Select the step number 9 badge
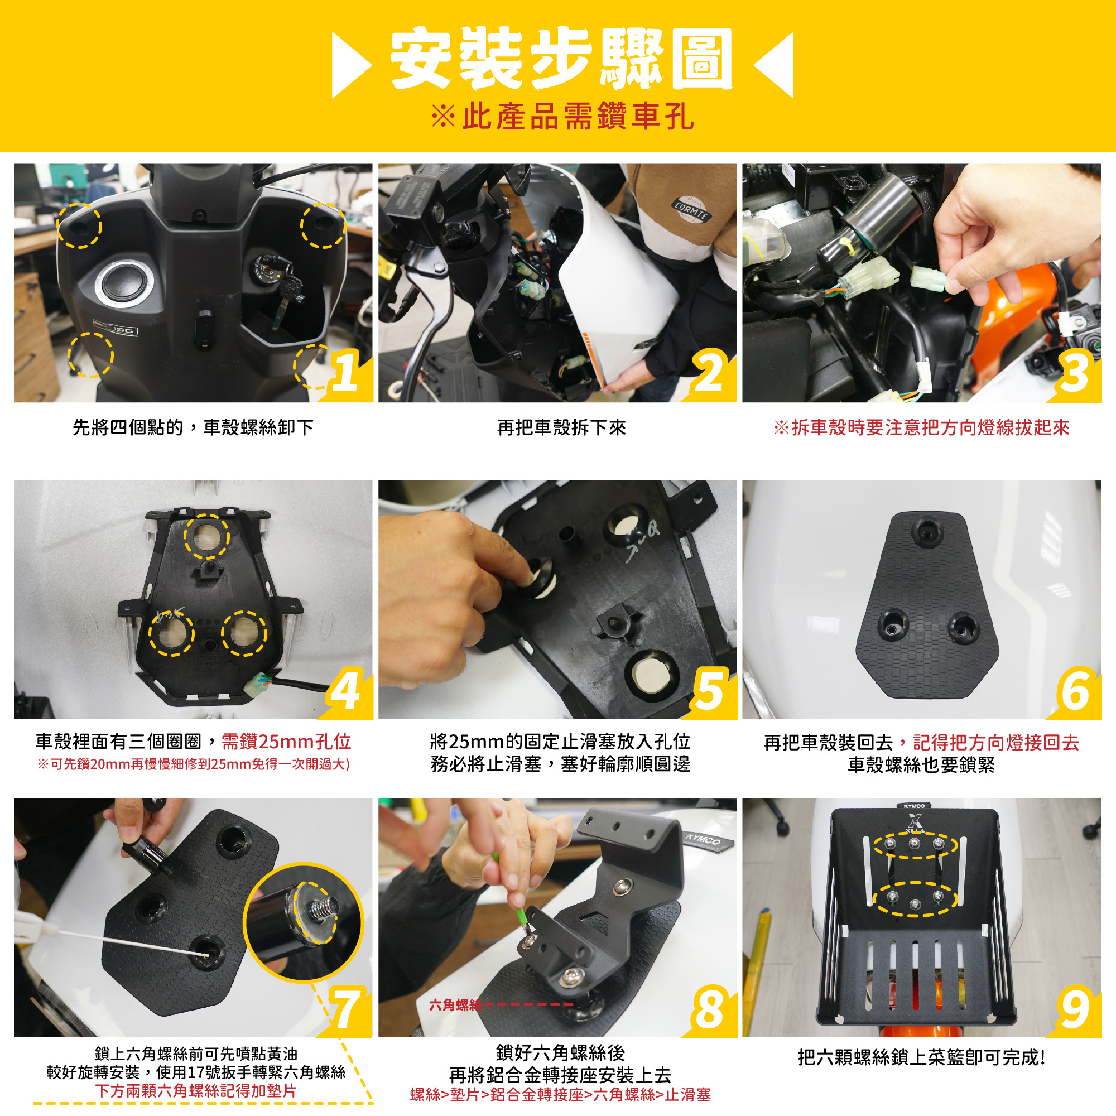[x=1074, y=1010]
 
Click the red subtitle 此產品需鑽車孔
[x=562, y=116]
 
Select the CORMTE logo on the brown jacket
[x=691, y=210]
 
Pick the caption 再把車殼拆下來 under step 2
[x=561, y=428]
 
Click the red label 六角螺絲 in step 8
[x=455, y=1006]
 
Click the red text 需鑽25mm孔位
[x=286, y=742]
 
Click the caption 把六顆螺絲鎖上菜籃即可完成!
[x=921, y=1057]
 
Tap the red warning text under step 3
[x=921, y=428]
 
